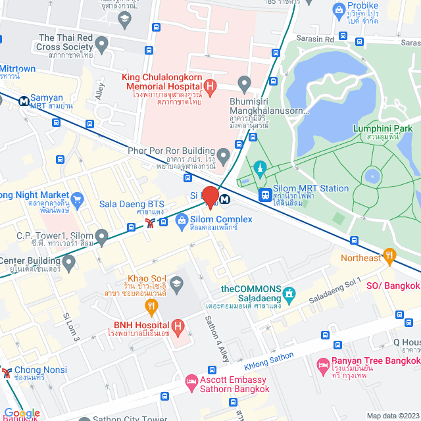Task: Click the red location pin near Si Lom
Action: [x=210, y=197]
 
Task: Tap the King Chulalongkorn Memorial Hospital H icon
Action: [x=210, y=85]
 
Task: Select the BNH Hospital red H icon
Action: [x=176, y=326]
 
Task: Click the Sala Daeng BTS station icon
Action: [x=151, y=223]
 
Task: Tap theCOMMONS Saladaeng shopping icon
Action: [x=290, y=291]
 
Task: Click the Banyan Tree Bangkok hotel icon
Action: [x=323, y=364]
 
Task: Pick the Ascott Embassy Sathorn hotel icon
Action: [x=191, y=381]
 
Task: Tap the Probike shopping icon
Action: [x=339, y=9]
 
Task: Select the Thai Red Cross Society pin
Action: [x=101, y=45]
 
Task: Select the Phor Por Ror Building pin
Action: [x=224, y=157]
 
